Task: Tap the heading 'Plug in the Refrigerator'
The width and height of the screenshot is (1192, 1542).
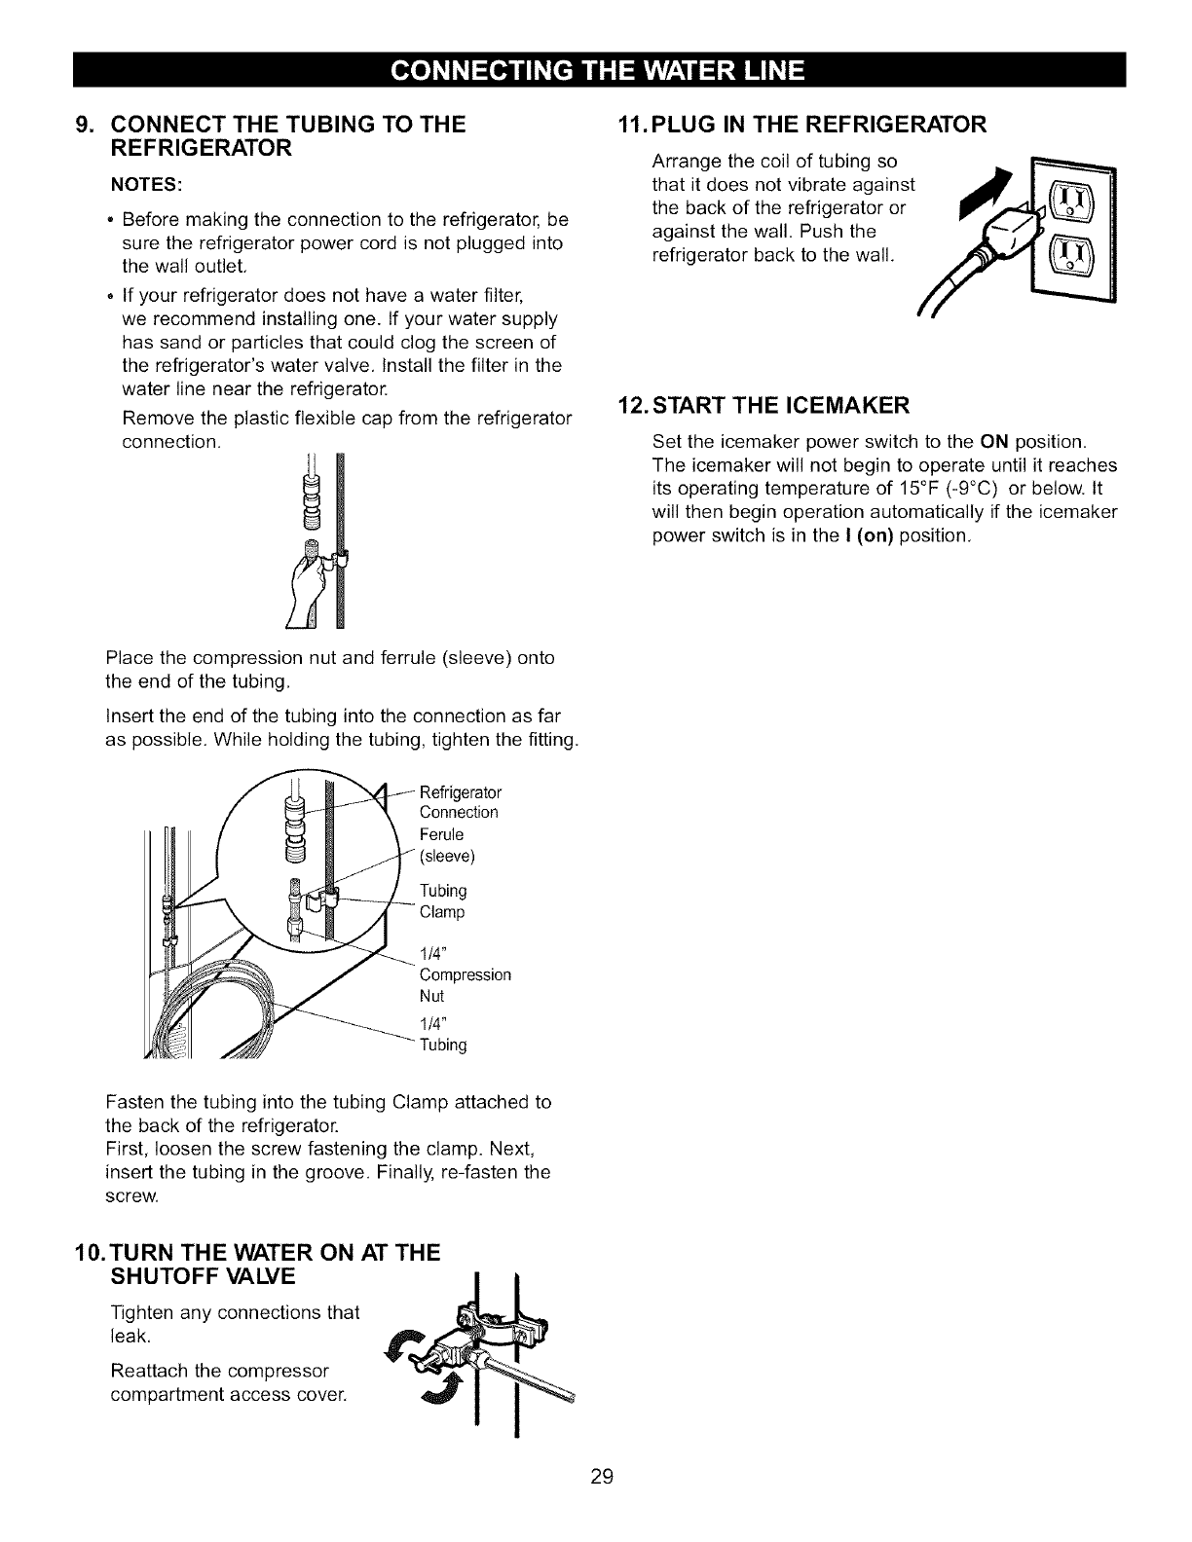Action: pyautogui.click(x=802, y=125)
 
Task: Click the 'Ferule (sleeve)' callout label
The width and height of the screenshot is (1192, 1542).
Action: pyautogui.click(x=446, y=846)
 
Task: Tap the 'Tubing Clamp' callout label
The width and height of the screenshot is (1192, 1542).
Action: pyautogui.click(x=442, y=901)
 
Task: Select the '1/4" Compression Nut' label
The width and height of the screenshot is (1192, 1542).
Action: pyautogui.click(x=465, y=974)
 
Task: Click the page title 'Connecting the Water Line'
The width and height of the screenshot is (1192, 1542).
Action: pyautogui.click(x=597, y=70)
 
